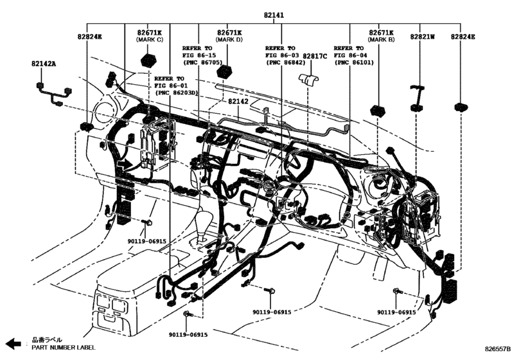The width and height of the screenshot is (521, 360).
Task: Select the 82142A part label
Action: click(44, 64)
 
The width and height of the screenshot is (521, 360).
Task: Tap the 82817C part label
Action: click(315, 57)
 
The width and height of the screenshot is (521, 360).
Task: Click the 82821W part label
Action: click(423, 37)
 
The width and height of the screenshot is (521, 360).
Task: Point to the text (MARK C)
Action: click(149, 40)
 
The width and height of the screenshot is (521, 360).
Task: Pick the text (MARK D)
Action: click(229, 40)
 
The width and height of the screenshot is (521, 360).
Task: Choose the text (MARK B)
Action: click(381, 40)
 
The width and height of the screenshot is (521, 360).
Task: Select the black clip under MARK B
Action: click(376, 107)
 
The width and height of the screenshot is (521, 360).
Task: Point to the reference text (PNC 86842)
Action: click(285, 63)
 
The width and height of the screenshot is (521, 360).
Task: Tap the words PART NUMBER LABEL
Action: click(64, 348)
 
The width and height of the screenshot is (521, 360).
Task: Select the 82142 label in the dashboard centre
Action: click(238, 102)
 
